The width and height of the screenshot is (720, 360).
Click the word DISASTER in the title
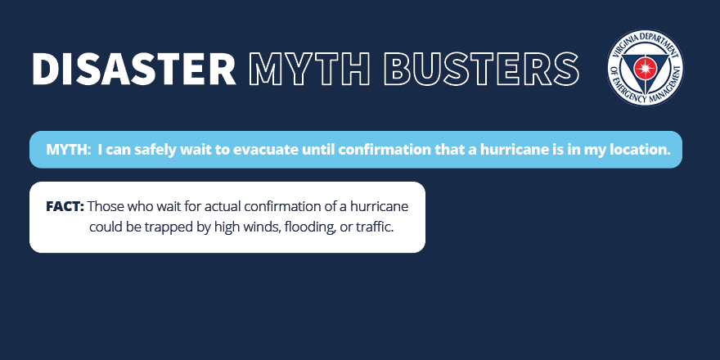coord(134,69)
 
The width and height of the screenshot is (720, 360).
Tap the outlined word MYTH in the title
coord(308,69)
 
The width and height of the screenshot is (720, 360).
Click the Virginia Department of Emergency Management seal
coord(646,67)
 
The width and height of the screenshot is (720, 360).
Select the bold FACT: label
coord(65,207)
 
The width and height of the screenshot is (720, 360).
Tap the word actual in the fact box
coord(223,207)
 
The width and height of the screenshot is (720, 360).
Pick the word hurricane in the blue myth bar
coord(511,150)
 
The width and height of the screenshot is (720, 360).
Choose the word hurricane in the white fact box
coord(380,207)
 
